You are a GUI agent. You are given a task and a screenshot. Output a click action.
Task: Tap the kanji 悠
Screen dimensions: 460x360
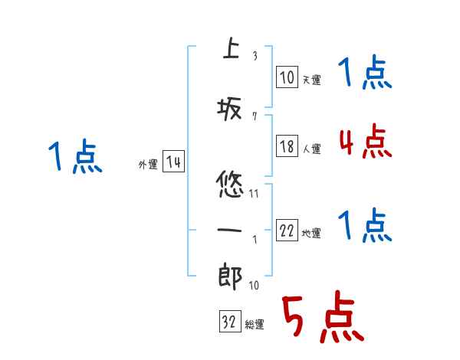coord(231,186)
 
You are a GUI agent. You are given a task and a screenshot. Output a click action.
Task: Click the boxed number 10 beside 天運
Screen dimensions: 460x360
coord(287,77)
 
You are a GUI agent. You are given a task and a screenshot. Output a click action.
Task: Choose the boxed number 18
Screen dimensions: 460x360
coord(287,147)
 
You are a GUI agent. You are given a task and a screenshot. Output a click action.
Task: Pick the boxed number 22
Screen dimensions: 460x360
coord(287,231)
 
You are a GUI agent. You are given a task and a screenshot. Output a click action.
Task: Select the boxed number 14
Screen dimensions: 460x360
coord(173,162)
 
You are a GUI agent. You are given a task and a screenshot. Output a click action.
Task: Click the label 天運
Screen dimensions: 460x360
coord(311,80)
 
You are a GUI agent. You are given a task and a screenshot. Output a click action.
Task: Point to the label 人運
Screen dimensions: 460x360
coord(311,149)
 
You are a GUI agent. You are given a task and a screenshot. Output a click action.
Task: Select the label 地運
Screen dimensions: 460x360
coord(311,234)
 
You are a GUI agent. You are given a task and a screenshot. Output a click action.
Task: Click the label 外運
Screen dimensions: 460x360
coord(147,164)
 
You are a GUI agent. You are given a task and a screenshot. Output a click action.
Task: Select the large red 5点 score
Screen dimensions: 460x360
coord(322,319)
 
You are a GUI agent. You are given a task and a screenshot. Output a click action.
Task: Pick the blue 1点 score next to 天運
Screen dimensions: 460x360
coord(365,75)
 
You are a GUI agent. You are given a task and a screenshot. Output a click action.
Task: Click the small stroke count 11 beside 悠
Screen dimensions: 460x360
coord(254,194)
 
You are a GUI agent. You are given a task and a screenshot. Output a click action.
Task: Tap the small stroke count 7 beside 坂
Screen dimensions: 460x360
coord(254,116)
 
